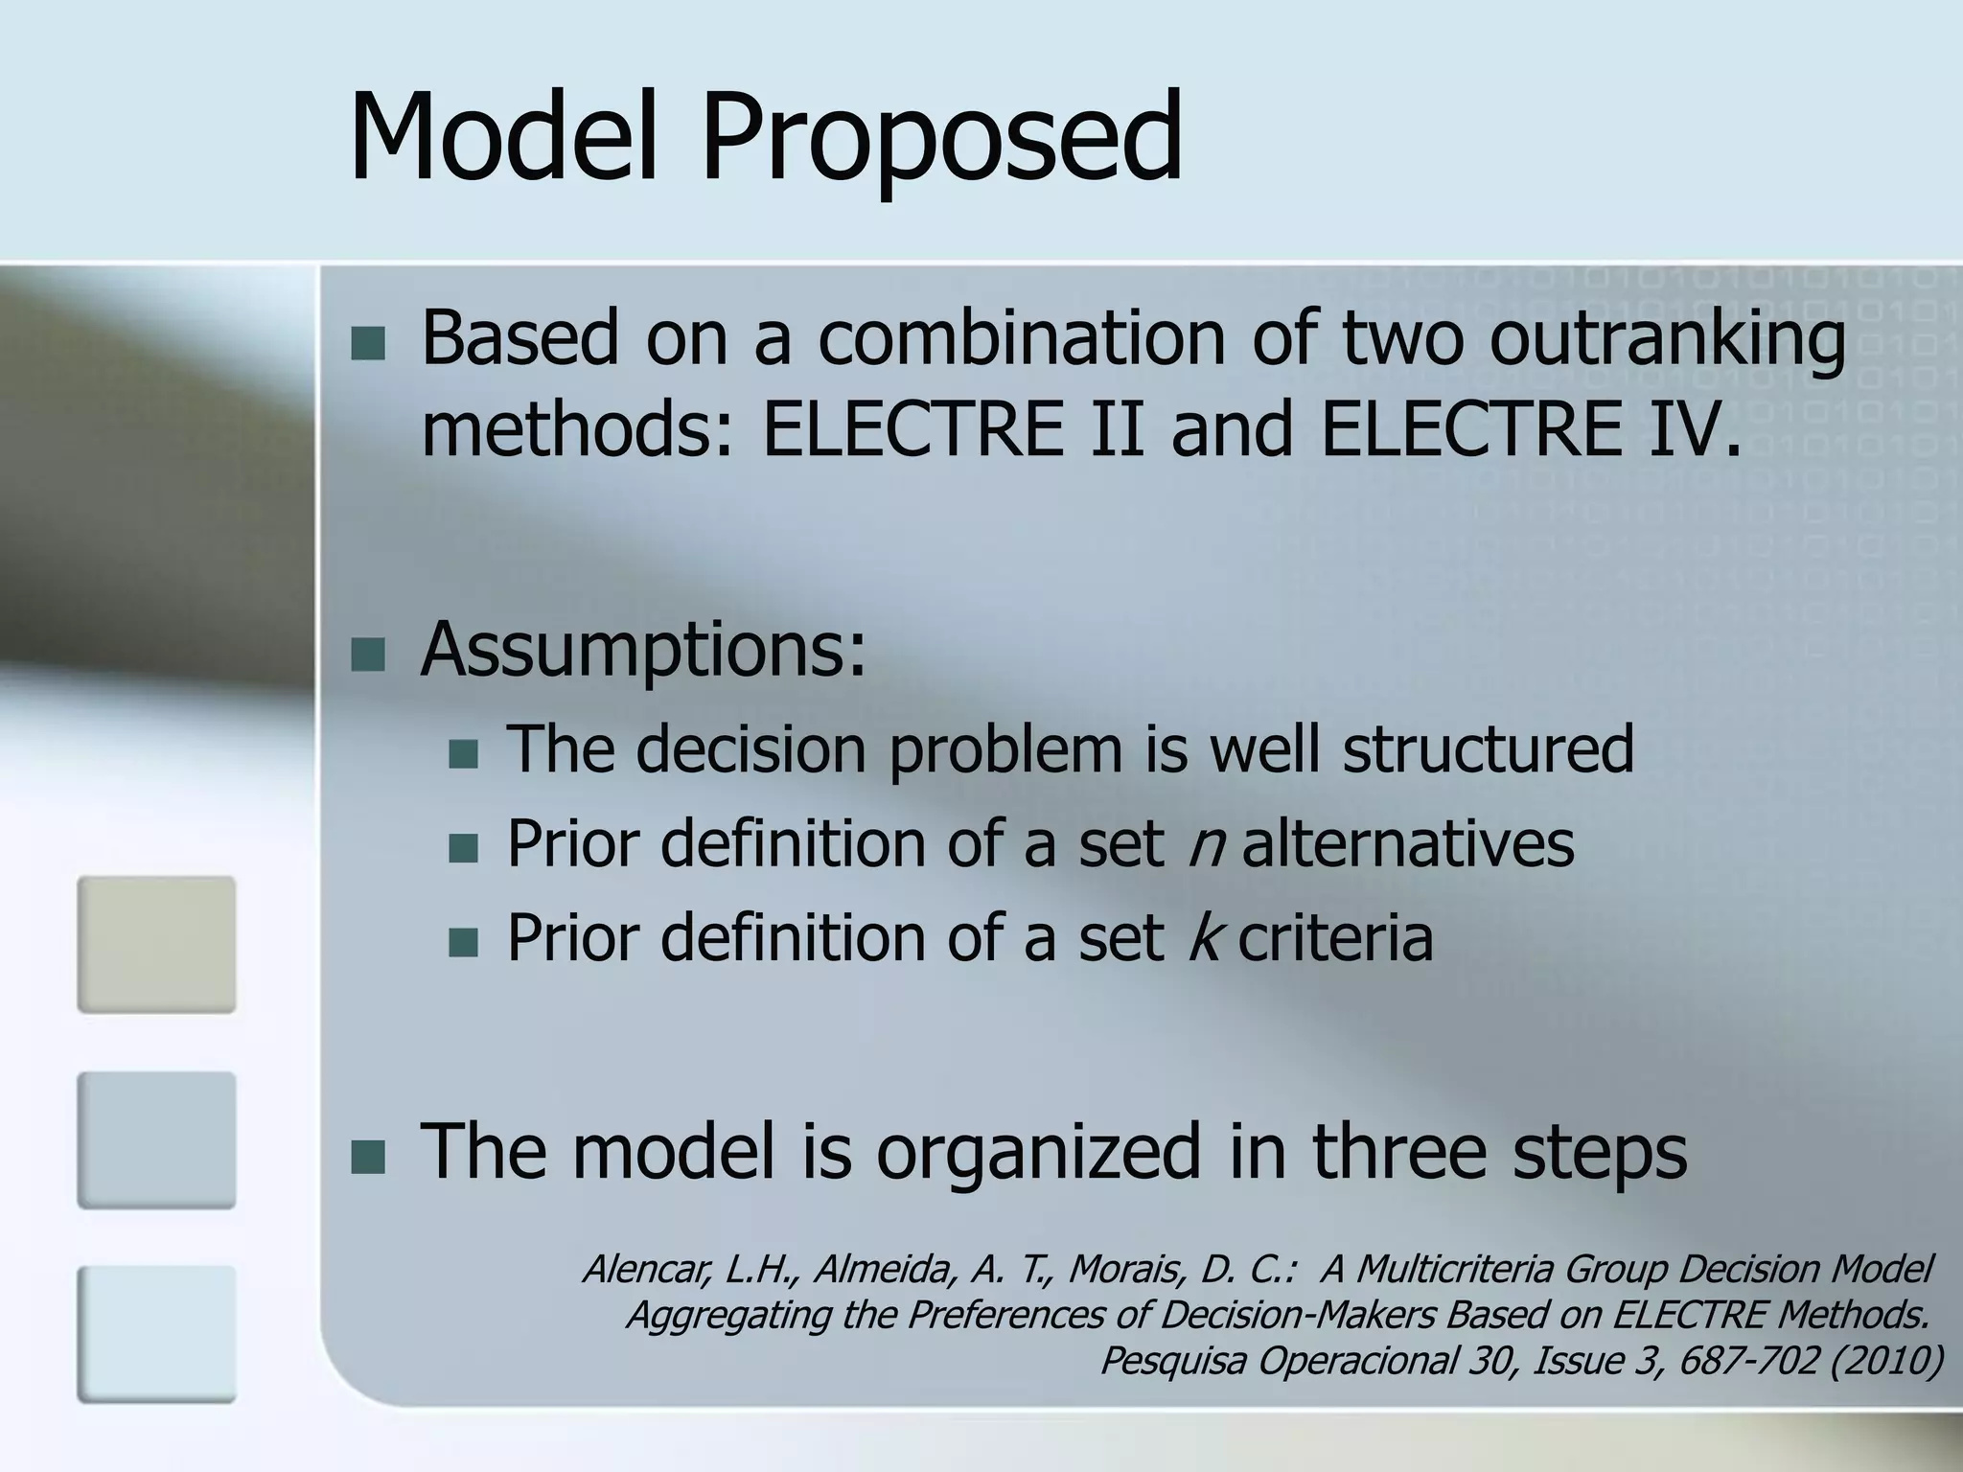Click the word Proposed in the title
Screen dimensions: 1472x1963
pyautogui.click(x=941, y=139)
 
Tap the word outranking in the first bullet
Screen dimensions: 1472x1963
pyautogui.click(x=1667, y=338)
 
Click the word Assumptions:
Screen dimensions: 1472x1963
pyautogui.click(x=643, y=650)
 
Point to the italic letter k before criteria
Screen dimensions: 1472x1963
pyautogui.click(x=1202, y=937)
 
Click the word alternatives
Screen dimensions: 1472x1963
pyautogui.click(x=1407, y=843)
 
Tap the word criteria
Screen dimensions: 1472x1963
pyautogui.click(x=1335, y=937)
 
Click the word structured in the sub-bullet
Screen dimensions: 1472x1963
pyautogui.click(x=1488, y=748)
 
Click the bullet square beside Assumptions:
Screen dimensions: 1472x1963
pyautogui.click(x=368, y=655)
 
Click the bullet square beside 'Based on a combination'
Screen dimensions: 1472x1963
pyautogui.click(x=368, y=343)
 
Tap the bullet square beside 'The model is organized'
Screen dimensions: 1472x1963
pyautogui.click(x=368, y=1158)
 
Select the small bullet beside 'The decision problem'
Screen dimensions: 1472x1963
pyautogui.click(x=463, y=754)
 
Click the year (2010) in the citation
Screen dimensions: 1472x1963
pyautogui.click(x=1885, y=1360)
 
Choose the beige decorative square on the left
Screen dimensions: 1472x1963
pyautogui.click(x=156, y=944)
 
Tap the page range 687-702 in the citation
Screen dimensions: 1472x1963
pyautogui.click(x=1748, y=1360)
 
